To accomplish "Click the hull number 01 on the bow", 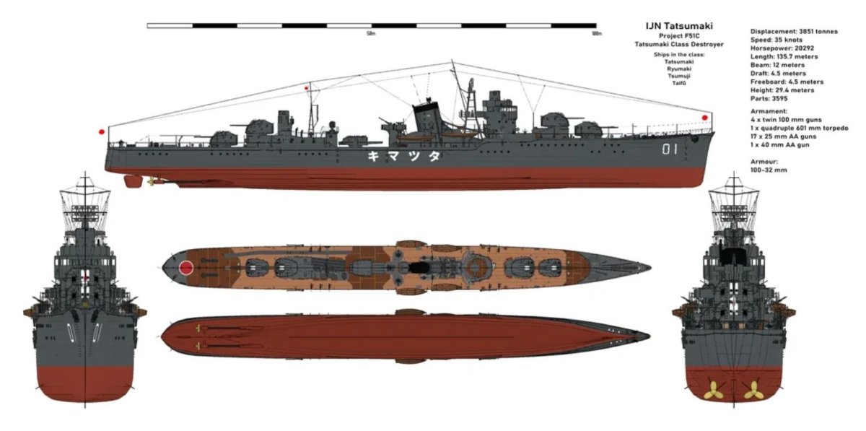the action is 671,150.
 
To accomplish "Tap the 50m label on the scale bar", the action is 372,34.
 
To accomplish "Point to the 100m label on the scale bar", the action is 595,34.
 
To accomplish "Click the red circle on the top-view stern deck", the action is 187,268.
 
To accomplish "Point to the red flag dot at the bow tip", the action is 705,117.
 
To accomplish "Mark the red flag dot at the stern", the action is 102,132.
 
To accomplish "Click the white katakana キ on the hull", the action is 374,156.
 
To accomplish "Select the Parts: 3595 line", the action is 769,99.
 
